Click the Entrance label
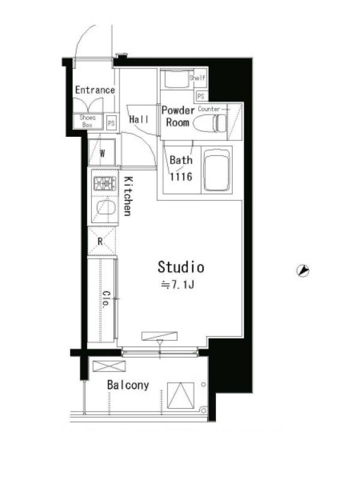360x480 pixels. (95, 90)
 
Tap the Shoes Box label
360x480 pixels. (87, 121)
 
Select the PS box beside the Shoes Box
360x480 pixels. (111, 123)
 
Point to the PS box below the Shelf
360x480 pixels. (201, 97)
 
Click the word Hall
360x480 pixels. (139, 119)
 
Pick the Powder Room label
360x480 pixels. (178, 116)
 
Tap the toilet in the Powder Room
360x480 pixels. (211, 123)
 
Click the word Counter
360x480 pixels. (209, 109)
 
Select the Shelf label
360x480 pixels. (197, 77)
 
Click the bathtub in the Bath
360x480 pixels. (217, 170)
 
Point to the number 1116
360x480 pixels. (181, 176)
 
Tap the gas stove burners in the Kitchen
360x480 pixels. (105, 184)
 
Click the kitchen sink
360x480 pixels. (106, 207)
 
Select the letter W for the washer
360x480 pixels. (102, 154)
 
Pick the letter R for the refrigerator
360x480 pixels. (100, 242)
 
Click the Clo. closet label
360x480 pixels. (106, 299)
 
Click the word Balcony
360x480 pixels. (128, 385)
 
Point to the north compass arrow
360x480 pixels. (303, 271)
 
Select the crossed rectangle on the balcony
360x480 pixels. (109, 366)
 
